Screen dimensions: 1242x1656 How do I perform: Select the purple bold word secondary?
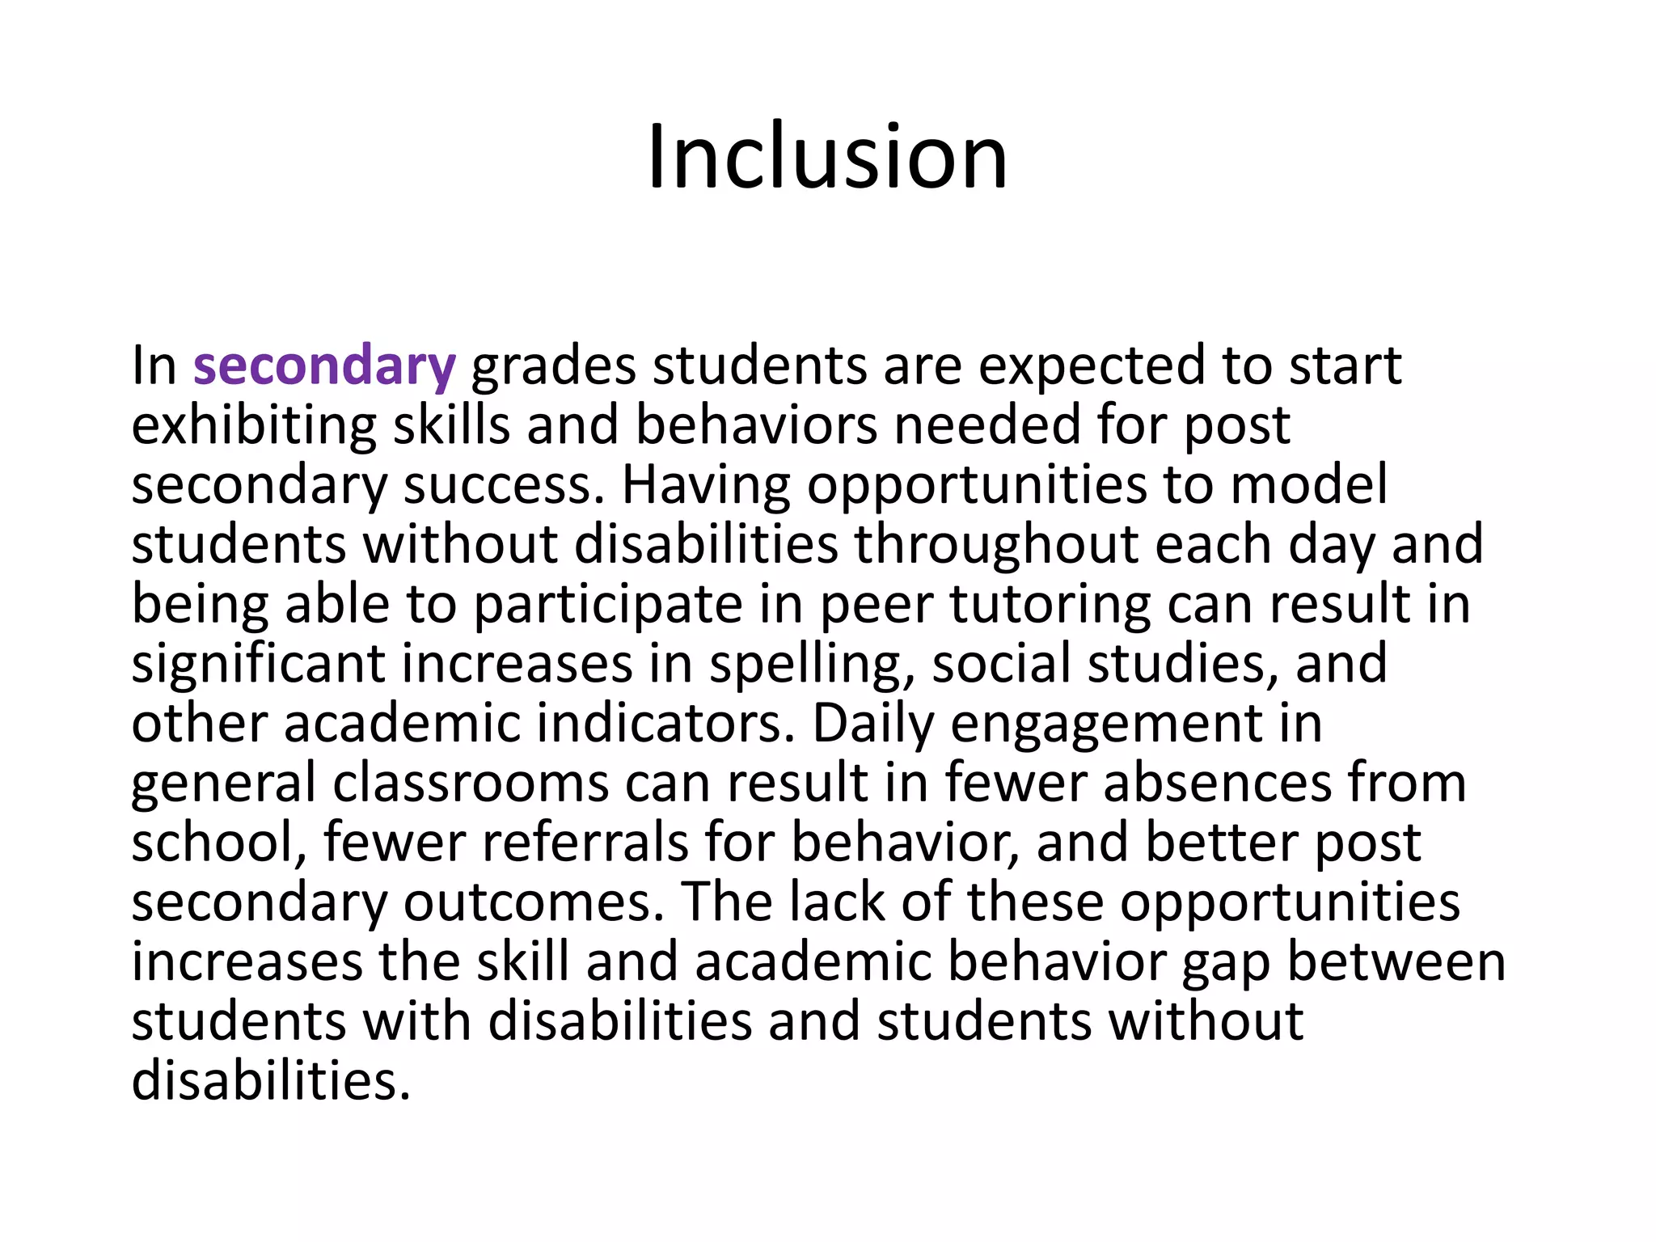coord(324,366)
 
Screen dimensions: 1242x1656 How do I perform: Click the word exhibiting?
coord(254,425)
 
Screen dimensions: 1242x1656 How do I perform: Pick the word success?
coord(503,485)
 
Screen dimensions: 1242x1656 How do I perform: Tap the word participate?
coord(607,605)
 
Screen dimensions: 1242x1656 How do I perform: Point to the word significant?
coord(258,664)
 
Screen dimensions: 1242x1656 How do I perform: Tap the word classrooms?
coord(471,783)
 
